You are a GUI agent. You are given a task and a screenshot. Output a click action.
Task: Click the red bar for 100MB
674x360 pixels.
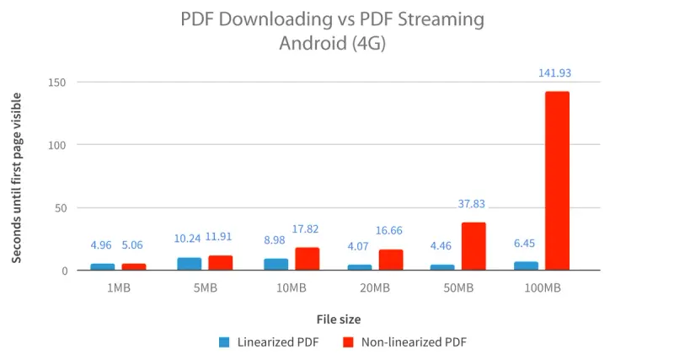(557, 180)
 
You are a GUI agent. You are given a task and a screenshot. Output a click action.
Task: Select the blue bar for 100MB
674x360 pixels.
(526, 266)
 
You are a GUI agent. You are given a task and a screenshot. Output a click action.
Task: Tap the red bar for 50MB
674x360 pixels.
(473, 246)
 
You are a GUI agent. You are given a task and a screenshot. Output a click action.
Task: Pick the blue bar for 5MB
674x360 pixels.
(190, 264)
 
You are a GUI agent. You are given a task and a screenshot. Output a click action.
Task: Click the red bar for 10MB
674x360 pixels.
(307, 259)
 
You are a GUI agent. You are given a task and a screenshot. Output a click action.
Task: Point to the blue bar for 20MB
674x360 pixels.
(359, 267)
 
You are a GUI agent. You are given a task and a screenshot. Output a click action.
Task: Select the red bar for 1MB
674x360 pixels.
(133, 266)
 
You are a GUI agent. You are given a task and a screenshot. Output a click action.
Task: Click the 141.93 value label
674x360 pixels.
(555, 74)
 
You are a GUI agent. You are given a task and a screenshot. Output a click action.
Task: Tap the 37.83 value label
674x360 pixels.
(472, 204)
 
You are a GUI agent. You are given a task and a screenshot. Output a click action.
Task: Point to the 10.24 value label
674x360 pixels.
(189, 239)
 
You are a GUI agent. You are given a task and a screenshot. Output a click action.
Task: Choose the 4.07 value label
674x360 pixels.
(358, 246)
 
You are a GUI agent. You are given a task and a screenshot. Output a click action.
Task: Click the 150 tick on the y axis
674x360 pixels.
(58, 83)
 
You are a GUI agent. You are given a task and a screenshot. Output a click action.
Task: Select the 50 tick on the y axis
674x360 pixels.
(62, 208)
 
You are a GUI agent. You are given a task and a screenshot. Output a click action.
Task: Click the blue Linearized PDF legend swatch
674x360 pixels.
(224, 342)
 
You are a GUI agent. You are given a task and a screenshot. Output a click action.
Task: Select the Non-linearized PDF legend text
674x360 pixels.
(413, 342)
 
